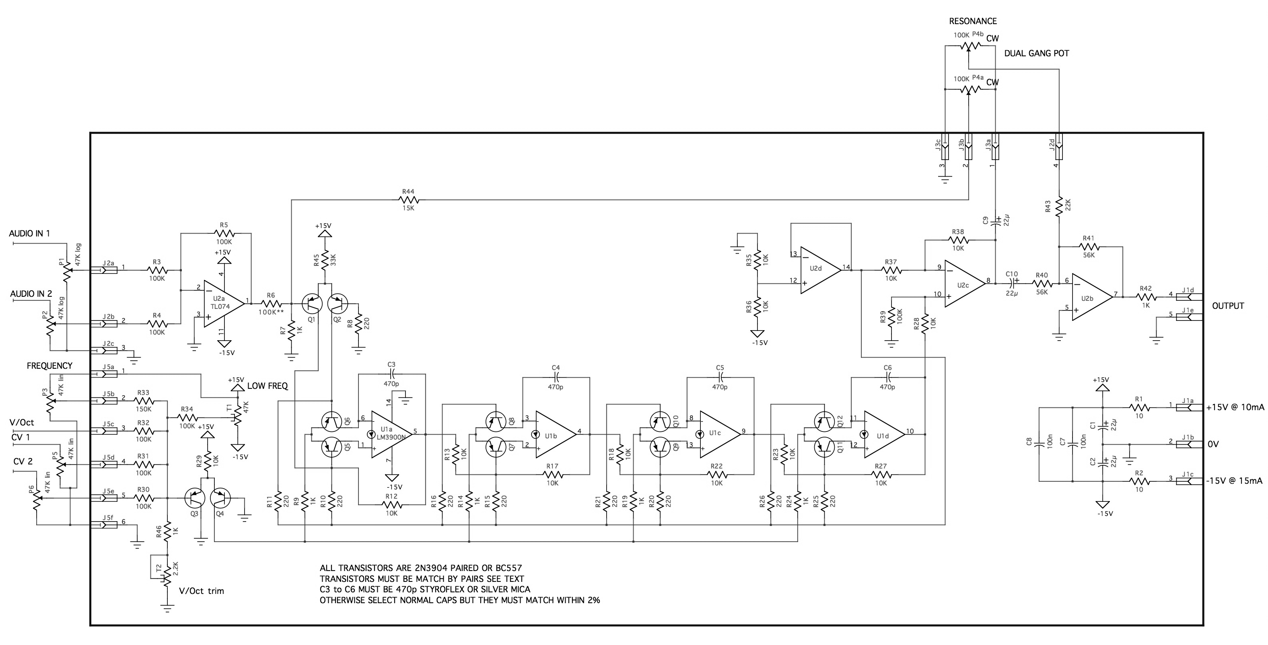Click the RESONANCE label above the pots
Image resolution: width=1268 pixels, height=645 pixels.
[x=973, y=21]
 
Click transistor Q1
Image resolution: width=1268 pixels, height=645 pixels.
[x=312, y=304]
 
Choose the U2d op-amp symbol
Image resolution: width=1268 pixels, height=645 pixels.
[x=819, y=269]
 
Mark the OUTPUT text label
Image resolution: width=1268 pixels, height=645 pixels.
[x=1228, y=306]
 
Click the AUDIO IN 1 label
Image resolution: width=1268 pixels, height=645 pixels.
[x=29, y=233]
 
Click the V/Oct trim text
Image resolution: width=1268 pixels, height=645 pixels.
[x=201, y=591]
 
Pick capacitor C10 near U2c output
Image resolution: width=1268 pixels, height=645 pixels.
[x=1012, y=283]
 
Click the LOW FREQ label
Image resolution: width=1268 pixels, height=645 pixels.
[x=267, y=386]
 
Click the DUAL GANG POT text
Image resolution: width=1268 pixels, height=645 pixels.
[x=1037, y=53]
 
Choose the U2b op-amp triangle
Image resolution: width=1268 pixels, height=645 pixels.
[x=1091, y=297]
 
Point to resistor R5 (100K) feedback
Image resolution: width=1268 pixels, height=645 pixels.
[x=224, y=233]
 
